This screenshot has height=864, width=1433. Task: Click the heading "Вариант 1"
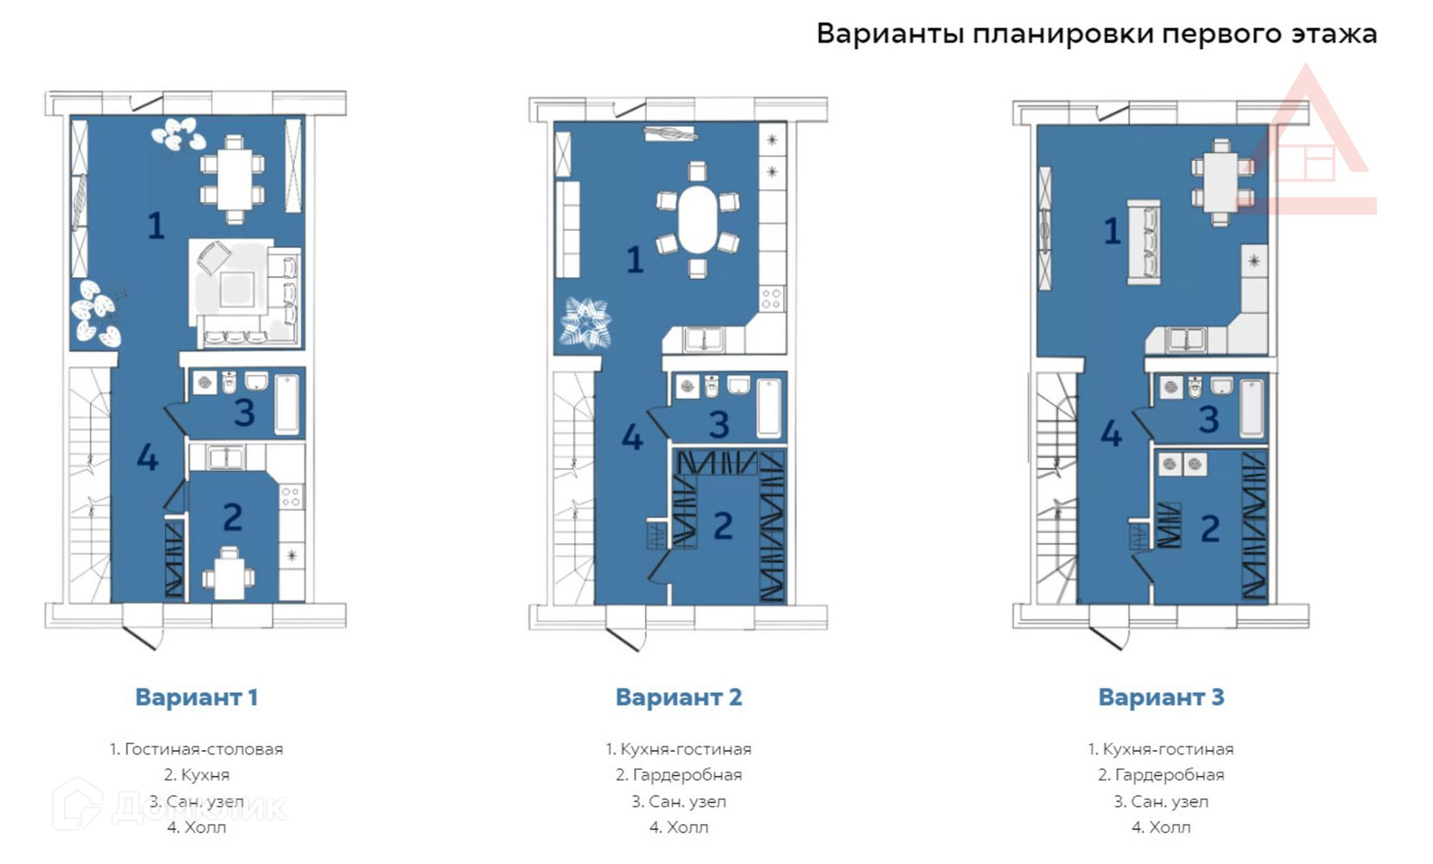pyautogui.click(x=196, y=697)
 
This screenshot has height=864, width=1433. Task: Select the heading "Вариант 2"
pyautogui.click(x=679, y=697)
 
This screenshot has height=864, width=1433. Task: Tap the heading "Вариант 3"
pyautogui.click(x=1161, y=697)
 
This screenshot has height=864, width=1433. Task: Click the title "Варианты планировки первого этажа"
pyautogui.click(x=1096, y=34)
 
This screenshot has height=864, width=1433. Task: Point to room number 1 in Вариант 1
pyautogui.click(x=156, y=226)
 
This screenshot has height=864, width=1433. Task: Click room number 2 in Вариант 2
pyautogui.click(x=723, y=526)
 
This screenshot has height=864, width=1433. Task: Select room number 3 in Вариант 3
pyautogui.click(x=1208, y=420)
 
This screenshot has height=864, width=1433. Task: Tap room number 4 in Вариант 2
pyautogui.click(x=632, y=438)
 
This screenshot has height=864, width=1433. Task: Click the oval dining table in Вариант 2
pyautogui.click(x=697, y=219)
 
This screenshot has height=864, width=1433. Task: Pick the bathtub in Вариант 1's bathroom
pyautogui.click(x=287, y=404)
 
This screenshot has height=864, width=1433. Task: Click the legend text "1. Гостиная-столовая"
pyautogui.click(x=196, y=749)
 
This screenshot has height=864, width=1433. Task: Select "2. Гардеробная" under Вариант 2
pyautogui.click(x=679, y=775)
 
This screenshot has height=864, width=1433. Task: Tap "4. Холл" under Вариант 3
pyautogui.click(x=1161, y=828)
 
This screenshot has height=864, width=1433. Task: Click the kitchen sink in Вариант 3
pyautogui.click(x=1185, y=340)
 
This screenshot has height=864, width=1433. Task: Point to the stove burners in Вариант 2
pyautogui.click(x=771, y=298)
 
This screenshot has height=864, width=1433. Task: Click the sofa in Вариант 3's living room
pyautogui.click(x=1144, y=242)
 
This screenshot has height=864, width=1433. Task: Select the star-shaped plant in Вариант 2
pyautogui.click(x=585, y=323)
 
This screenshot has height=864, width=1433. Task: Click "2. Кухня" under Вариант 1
pyautogui.click(x=196, y=775)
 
